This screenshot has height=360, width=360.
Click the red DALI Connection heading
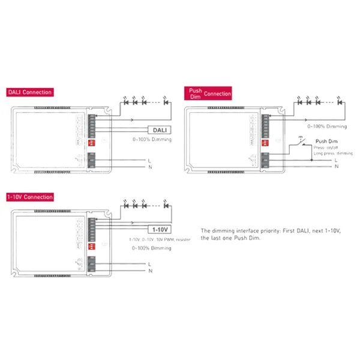[29, 92]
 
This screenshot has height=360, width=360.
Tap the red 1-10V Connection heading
[30, 197]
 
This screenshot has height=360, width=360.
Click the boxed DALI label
[159, 129]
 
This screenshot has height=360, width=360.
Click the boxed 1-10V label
[160, 230]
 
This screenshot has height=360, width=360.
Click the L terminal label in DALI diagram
[149, 160]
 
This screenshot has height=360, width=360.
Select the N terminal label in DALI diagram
[149, 167]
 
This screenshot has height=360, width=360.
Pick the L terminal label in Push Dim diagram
[336, 160]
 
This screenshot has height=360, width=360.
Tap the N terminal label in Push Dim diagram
[336, 167]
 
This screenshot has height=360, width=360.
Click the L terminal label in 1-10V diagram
[149, 263]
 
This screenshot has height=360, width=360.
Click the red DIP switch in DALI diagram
[92, 145]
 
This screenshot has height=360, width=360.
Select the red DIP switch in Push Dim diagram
[268, 145]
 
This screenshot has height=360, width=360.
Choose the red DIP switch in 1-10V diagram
[92, 246]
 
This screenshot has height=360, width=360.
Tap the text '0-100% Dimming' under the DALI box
[152, 140]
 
